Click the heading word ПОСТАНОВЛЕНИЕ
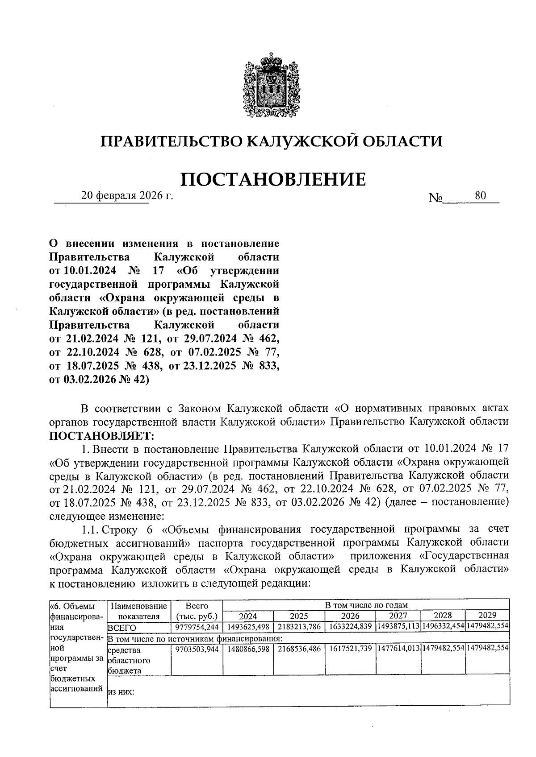coord(272,179)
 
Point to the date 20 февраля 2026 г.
coord(127,196)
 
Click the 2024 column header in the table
coord(248,616)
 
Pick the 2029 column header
coord(487,615)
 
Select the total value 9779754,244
coord(197,627)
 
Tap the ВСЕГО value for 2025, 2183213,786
coord(299,627)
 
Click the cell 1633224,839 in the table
coord(350,626)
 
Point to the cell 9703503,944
coord(197,649)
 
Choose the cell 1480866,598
coord(248,649)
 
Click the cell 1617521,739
coord(350,649)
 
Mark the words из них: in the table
coord(121,692)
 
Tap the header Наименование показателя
coord(139,611)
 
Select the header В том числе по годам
coord(366,605)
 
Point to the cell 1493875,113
coord(398,627)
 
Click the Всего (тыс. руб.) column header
coord(197,611)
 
